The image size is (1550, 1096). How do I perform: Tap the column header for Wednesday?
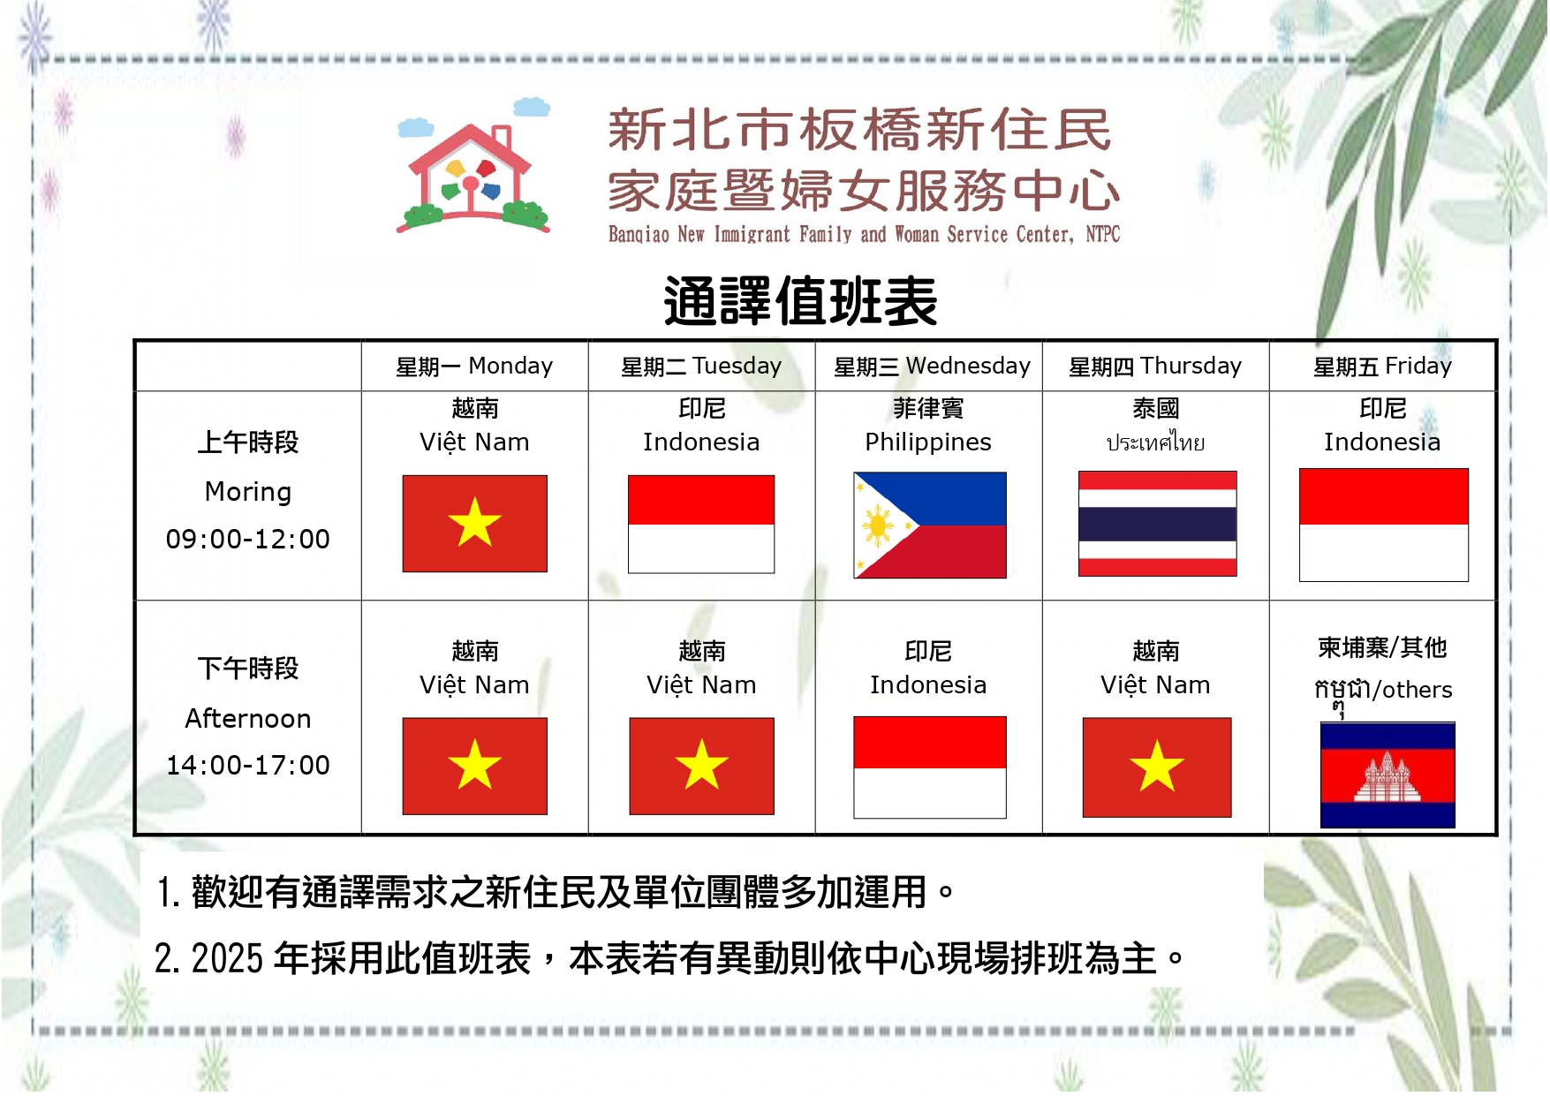pos(932,366)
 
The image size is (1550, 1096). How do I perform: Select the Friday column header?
pos(1382,366)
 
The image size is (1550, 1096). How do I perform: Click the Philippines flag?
pos(930,525)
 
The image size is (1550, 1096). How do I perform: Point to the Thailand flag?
pos(1157,524)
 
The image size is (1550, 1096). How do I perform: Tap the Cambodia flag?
pos(1387,775)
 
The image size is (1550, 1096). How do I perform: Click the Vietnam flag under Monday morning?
pos(475,524)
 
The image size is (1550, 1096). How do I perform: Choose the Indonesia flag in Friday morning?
pos(1384,525)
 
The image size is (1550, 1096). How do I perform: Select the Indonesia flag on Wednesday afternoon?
pos(930,767)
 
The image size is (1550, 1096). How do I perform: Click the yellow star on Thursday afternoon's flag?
pos(1157,766)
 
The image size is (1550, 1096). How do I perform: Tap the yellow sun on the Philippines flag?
pos(878,526)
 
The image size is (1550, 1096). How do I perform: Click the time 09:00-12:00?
pos(248,539)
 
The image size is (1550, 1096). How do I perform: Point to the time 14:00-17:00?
pos(248,765)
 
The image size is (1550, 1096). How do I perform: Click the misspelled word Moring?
pos(248,492)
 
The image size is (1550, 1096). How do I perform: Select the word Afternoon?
pos(248,718)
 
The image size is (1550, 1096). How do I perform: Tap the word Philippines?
pos(928,442)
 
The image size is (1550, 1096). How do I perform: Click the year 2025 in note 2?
pos(227,959)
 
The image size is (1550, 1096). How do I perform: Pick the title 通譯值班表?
pos(800,301)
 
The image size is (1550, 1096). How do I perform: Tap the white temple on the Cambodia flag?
pos(1387,776)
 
